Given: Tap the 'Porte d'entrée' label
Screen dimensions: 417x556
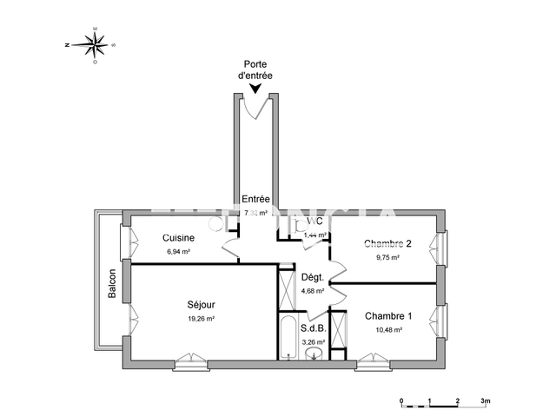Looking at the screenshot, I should click(x=255, y=70).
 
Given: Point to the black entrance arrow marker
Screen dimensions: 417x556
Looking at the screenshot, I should click(x=255, y=88).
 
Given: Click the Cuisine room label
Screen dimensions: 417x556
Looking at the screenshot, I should click(x=179, y=238).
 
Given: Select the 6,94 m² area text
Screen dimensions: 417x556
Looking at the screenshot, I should click(x=179, y=252).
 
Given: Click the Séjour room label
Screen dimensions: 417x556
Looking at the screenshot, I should click(x=201, y=305).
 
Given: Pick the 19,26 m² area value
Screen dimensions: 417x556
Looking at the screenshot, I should click(x=201, y=319).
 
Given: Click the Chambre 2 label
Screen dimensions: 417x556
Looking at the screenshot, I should click(x=387, y=243).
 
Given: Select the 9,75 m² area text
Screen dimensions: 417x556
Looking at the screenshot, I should click(x=387, y=257).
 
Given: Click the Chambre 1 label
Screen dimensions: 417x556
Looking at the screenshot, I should click(x=388, y=315).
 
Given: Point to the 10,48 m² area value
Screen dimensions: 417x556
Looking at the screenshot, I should click(x=388, y=329).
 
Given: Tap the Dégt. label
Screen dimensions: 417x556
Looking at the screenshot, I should click(x=312, y=278).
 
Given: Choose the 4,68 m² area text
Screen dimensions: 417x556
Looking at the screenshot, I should click(x=312, y=291).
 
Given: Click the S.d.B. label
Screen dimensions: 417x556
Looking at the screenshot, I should click(x=313, y=329).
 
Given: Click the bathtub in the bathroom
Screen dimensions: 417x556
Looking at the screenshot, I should click(x=288, y=339).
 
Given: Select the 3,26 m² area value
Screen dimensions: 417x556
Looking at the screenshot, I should click(x=313, y=342).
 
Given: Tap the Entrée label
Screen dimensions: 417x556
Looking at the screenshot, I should click(x=255, y=200).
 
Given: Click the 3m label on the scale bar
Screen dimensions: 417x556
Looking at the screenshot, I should click(x=486, y=401).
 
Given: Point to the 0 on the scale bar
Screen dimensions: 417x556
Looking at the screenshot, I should click(x=401, y=401).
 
